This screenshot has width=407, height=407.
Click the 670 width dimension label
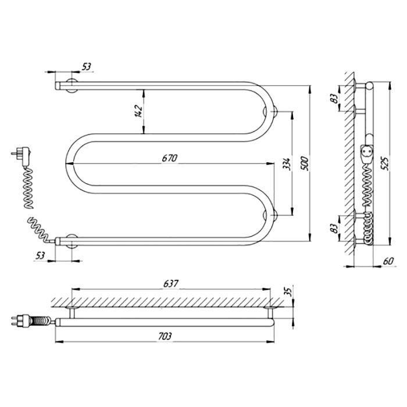[x=170, y=158]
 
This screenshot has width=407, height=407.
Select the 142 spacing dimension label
[x=139, y=112]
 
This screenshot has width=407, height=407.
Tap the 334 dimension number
[x=287, y=164]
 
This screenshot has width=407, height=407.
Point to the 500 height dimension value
[x=305, y=163]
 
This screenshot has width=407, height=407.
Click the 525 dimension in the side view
[x=385, y=163]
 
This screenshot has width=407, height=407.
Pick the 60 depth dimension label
[x=388, y=260]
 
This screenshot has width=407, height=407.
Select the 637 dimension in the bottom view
[x=171, y=284]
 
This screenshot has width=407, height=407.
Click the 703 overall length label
[x=165, y=336]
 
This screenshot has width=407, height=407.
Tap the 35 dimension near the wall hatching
[x=288, y=291]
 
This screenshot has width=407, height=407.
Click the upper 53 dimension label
[x=87, y=67]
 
